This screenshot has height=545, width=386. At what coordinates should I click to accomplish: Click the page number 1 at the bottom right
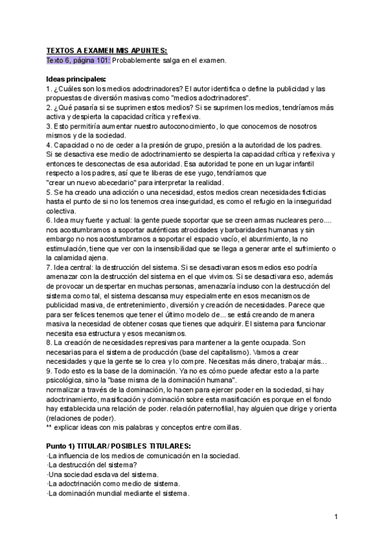tap(336, 517)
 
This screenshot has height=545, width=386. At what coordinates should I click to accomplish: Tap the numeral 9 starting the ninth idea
tap(49, 371)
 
